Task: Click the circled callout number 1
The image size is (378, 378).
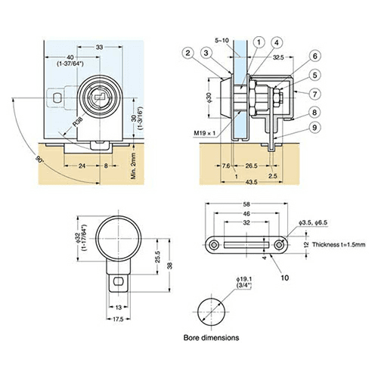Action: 259,42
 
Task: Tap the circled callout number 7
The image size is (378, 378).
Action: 314,94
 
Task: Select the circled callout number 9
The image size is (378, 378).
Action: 314,128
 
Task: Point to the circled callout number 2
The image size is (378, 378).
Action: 187,53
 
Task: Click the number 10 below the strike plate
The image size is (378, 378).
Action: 284,277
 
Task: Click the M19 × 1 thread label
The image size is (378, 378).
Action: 205,133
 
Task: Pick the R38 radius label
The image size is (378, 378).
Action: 78,122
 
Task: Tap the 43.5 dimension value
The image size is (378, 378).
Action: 251,181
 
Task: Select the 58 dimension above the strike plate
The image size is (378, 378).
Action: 246,204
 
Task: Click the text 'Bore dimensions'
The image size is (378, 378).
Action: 211,338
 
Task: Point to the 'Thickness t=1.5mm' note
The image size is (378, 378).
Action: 339,244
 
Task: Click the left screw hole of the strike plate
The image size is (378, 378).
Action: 214,245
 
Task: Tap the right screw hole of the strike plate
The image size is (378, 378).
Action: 279,245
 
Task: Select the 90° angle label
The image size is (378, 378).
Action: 39,160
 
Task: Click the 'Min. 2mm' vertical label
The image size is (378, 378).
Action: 133,166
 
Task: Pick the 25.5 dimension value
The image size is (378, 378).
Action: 157,257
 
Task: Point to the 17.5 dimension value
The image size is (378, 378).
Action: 118,319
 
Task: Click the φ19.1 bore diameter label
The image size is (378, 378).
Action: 244,279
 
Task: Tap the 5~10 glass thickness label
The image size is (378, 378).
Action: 222,40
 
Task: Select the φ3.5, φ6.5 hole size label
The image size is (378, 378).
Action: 313,222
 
